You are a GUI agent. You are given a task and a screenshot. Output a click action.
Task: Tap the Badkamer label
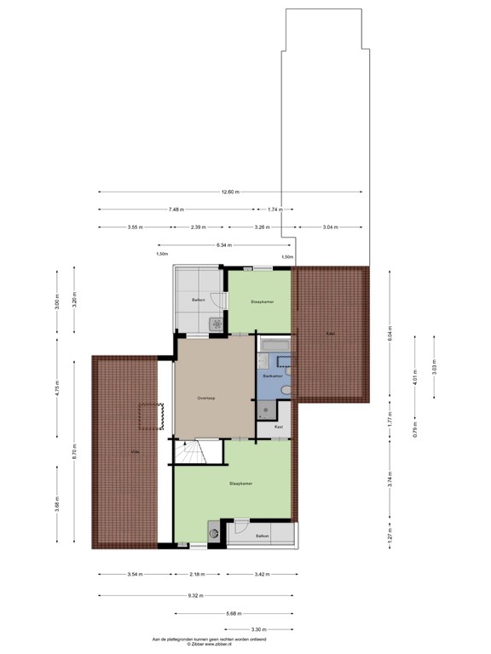pyautogui.click(x=273, y=376)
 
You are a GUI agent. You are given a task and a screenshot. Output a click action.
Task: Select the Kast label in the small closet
pyautogui.click(x=278, y=426)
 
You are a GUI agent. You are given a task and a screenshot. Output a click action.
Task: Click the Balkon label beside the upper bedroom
pyautogui.click(x=198, y=301)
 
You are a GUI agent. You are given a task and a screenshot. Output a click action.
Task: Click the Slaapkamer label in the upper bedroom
pyautogui.click(x=261, y=301)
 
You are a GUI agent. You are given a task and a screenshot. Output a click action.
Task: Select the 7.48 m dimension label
pyautogui.click(x=176, y=209)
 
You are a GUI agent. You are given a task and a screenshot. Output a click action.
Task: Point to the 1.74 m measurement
pyautogui.click(x=274, y=209)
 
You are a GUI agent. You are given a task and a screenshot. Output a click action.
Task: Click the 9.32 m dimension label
pyautogui.click(x=198, y=594)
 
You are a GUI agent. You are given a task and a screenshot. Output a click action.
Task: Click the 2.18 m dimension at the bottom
pyautogui.click(x=197, y=575)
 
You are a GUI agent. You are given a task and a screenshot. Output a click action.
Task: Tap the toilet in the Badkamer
pyautogui.click(x=286, y=390)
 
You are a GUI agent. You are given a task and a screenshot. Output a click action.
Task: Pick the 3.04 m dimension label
pyautogui.click(x=330, y=227)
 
